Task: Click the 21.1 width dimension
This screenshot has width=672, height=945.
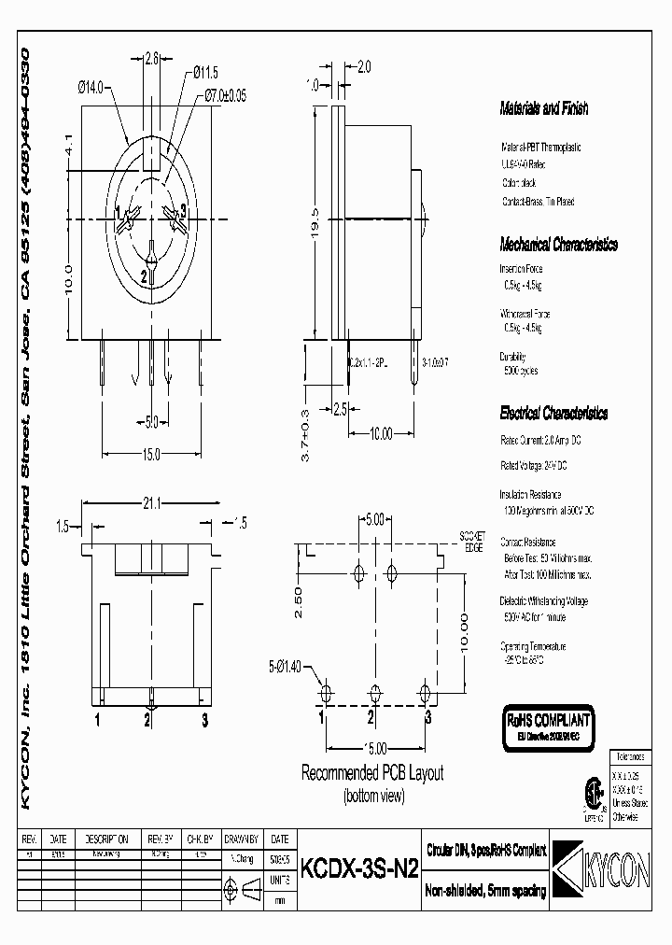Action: click(153, 503)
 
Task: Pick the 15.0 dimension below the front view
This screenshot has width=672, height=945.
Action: click(151, 454)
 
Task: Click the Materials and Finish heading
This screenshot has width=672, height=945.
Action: click(544, 109)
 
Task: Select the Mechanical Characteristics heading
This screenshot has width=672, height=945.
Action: click(558, 246)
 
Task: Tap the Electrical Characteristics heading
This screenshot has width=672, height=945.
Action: click(553, 413)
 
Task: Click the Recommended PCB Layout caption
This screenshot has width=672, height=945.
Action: click(371, 773)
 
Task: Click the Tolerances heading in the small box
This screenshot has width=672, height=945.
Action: click(634, 753)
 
